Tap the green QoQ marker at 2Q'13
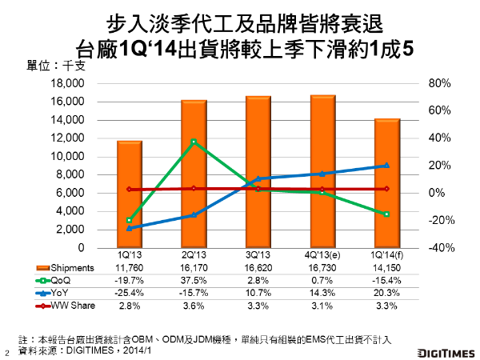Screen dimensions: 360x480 194,142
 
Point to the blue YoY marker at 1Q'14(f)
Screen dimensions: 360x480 387,166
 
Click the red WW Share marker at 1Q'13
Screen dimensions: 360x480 129,190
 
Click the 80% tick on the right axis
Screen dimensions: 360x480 441,83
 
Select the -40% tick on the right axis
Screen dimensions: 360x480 442,247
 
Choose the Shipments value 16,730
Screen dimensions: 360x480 322,267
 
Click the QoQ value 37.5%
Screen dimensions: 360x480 194,280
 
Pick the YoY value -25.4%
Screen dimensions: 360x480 129,293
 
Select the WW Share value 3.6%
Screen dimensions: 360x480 194,306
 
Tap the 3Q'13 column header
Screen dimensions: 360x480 258,254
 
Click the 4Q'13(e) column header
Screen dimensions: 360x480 322,254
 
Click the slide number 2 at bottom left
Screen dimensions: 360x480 7,351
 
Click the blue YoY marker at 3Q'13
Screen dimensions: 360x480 258,178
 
